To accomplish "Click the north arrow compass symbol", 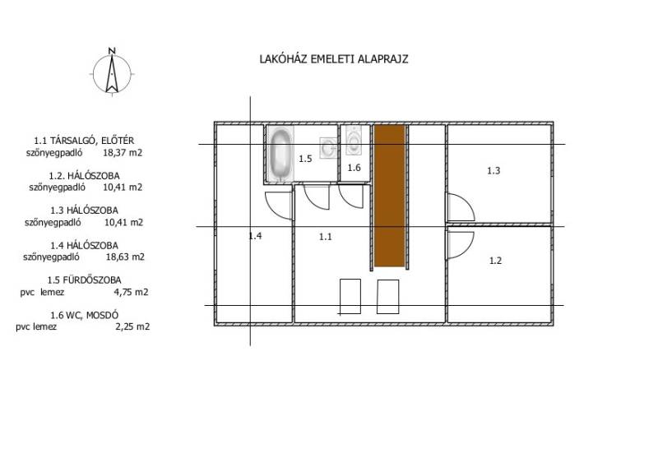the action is (112, 74).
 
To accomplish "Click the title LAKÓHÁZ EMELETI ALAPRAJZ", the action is (334, 58).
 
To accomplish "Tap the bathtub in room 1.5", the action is (280, 154).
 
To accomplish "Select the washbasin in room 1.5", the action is (328, 148).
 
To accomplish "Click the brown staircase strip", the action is (389, 196).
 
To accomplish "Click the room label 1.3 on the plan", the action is (493, 171).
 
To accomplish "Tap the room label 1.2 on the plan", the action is (496, 261).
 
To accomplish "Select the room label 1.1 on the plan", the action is (325, 237).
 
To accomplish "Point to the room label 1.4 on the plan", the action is (255, 236).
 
